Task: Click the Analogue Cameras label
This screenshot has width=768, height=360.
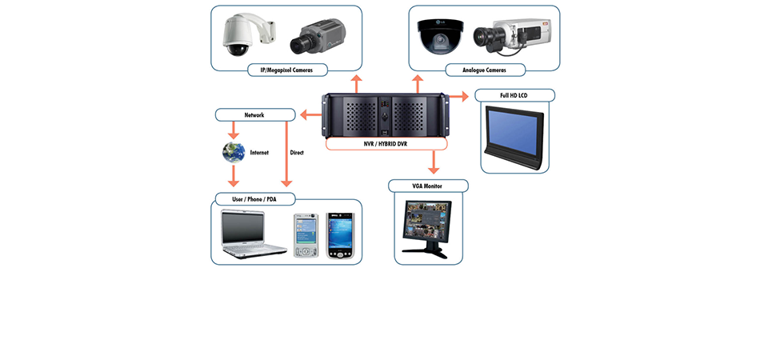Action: (484, 70)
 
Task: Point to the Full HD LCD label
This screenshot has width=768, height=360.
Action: (514, 95)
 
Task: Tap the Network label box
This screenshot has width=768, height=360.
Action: (254, 115)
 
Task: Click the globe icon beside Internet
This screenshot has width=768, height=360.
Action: (234, 151)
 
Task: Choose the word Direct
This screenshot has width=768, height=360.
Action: (297, 152)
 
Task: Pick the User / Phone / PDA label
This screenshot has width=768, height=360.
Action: (254, 198)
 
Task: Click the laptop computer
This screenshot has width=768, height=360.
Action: (253, 234)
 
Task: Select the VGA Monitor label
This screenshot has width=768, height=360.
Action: (427, 186)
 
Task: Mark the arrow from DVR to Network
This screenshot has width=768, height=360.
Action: (311, 115)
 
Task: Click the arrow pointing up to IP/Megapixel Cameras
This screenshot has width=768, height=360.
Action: (355, 83)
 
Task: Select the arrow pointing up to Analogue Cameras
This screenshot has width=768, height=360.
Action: (417, 83)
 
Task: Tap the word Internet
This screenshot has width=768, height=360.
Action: (259, 152)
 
